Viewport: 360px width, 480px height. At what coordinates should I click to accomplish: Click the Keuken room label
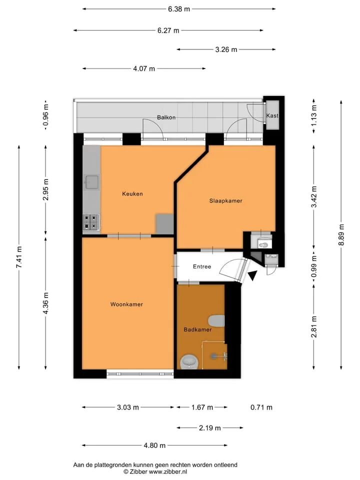(x=132, y=194)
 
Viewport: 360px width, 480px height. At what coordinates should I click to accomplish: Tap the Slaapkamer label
(x=225, y=201)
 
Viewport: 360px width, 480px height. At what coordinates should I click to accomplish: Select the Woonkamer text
(x=126, y=304)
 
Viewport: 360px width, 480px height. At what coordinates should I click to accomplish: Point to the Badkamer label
(x=197, y=329)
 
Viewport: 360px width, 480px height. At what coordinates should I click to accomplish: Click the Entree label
(x=202, y=266)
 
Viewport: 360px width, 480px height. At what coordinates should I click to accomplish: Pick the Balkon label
(x=166, y=117)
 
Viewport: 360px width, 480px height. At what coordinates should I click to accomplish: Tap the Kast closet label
(x=272, y=115)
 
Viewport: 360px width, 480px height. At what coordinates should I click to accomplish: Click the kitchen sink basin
(x=92, y=182)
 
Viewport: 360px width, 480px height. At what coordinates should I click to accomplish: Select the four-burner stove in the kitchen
(x=91, y=222)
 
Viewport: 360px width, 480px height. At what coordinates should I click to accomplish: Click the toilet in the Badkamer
(x=216, y=321)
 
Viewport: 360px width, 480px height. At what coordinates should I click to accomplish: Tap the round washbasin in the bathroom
(x=189, y=361)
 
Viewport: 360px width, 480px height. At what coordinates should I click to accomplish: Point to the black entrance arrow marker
(x=252, y=275)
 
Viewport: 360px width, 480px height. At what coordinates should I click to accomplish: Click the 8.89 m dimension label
(x=341, y=235)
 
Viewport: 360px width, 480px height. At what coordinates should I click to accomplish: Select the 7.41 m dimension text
(x=19, y=257)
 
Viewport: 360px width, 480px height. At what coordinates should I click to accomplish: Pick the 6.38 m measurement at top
(x=179, y=9)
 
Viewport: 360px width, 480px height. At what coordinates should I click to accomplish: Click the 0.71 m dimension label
(x=261, y=407)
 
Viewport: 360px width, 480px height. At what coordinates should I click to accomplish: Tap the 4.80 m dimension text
(x=154, y=445)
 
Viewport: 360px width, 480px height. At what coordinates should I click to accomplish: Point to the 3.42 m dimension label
(x=314, y=196)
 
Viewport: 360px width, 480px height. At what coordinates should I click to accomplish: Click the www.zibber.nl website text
(x=168, y=472)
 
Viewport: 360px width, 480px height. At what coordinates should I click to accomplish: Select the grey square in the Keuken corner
(x=164, y=224)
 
